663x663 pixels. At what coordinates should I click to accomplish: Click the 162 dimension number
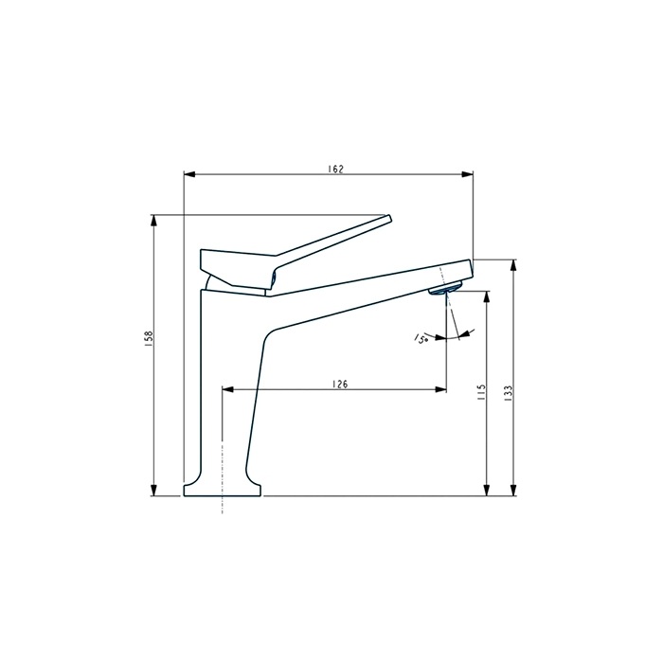click(335, 170)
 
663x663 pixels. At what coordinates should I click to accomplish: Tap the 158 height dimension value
click(149, 339)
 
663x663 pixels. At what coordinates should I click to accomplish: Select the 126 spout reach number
click(339, 384)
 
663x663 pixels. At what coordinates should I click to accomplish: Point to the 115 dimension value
click(481, 393)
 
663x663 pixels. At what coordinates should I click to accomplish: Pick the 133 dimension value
click(509, 393)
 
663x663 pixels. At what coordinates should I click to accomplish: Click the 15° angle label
click(421, 338)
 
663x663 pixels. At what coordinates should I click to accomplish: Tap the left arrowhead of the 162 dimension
click(189, 174)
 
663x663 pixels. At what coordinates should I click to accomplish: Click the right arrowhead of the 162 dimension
click(468, 174)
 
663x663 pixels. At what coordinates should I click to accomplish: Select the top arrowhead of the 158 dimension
click(154, 221)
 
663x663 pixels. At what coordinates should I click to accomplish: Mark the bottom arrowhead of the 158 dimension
click(154, 490)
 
